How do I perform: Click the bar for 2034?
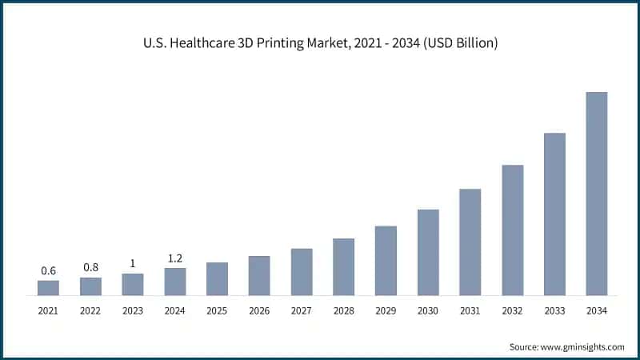pos(596,194)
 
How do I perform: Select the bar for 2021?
pos(48,288)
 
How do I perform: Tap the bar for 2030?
pos(428,252)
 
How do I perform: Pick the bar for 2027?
pos(302,272)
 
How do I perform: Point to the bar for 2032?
pos(512,230)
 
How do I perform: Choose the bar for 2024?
pos(175,282)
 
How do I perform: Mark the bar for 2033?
pos(554,214)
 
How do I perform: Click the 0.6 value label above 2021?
pos(48,271)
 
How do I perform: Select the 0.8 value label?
pos(90,267)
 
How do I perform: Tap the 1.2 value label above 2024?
pos(175,258)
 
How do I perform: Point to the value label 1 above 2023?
pos(133,264)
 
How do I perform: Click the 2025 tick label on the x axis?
pos(217,310)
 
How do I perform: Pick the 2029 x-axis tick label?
pos(386,310)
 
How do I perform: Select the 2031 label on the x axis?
pos(470,310)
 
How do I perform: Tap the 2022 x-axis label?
pos(90,310)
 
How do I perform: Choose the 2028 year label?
pos(343,310)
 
